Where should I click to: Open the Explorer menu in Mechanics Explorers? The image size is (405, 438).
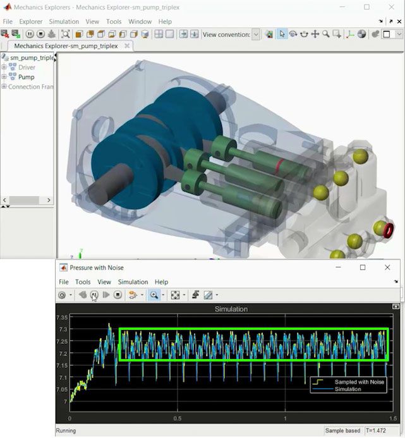[x=30, y=21]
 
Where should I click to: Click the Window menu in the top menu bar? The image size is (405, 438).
[x=140, y=21]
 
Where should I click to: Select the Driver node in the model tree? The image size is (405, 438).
[x=27, y=68]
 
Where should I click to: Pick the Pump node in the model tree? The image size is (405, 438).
[x=26, y=77]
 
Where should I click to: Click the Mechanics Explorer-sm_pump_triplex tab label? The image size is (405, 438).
[x=66, y=46]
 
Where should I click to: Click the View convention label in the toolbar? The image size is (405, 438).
[x=226, y=34]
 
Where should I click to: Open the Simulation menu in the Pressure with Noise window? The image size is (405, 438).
[x=133, y=282]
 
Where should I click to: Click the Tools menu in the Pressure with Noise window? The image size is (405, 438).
[x=83, y=282]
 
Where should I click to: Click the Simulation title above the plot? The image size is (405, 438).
[x=231, y=309]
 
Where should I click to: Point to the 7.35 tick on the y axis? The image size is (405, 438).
[x=62, y=318]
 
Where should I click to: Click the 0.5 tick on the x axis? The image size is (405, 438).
[x=178, y=418]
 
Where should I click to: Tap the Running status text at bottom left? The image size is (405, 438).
[x=66, y=430]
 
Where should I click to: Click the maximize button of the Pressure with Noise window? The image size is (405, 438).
[x=363, y=267]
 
